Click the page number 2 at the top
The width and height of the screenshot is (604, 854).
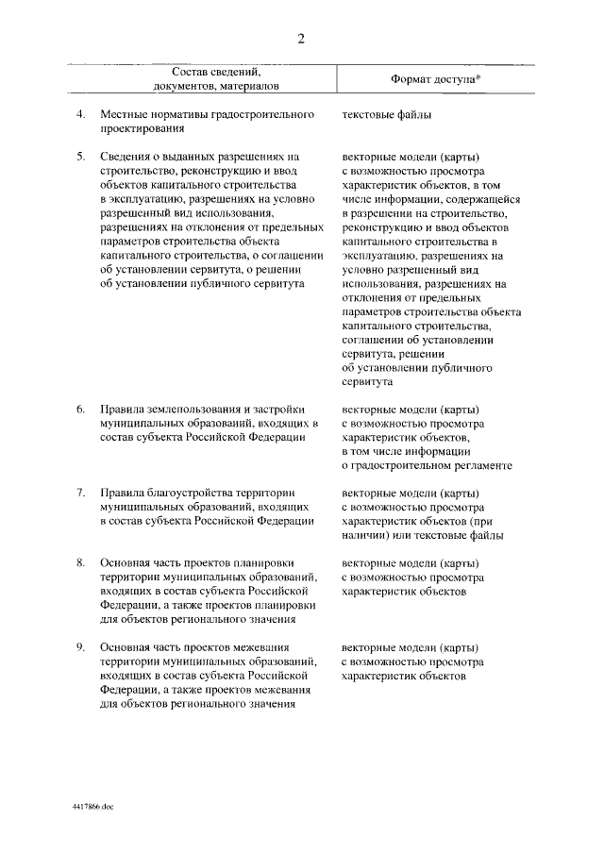tap(301, 38)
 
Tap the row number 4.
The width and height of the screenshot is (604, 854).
tap(81, 114)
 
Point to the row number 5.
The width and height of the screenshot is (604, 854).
tap(81, 155)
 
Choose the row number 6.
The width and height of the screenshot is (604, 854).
tap(81, 410)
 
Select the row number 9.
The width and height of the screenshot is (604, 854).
tap(81, 647)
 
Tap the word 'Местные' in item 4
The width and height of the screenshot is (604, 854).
tap(123, 114)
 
